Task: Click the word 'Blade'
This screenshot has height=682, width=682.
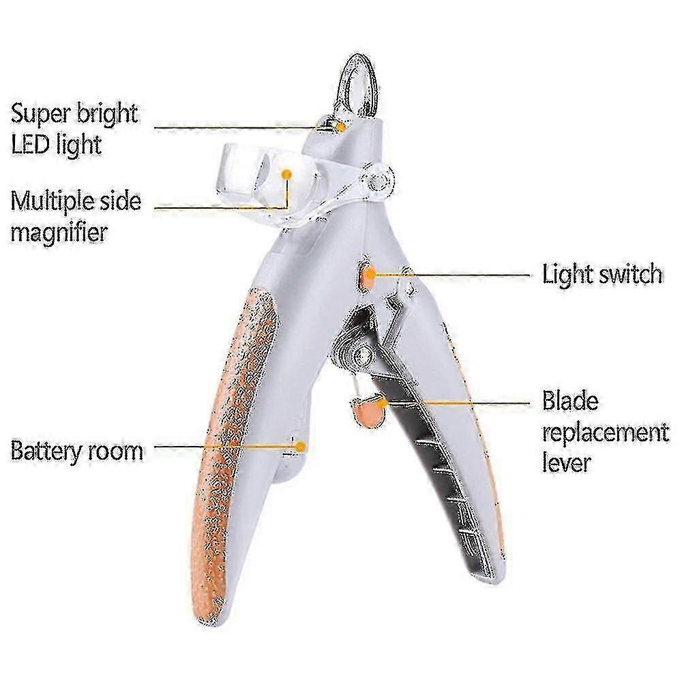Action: (570, 401)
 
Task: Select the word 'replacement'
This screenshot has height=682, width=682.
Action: (606, 432)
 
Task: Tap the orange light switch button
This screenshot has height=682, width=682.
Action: (368, 277)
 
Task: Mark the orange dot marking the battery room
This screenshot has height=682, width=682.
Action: (300, 447)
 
